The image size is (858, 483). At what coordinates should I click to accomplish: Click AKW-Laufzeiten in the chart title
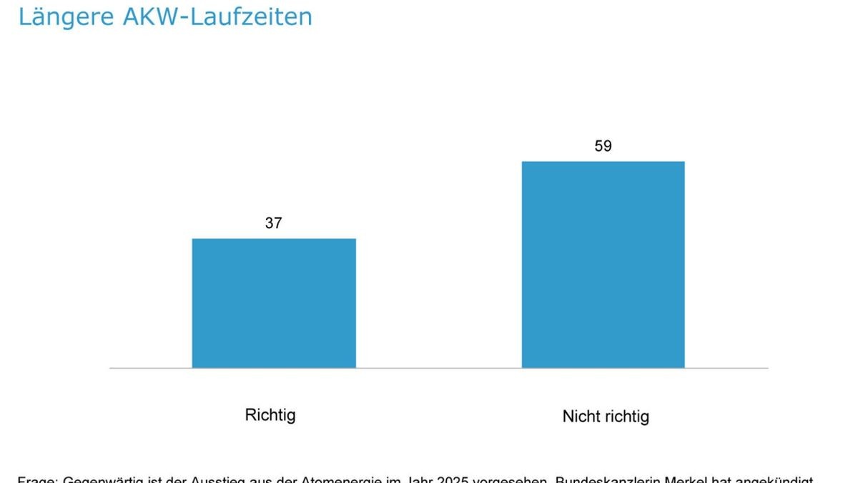(217, 16)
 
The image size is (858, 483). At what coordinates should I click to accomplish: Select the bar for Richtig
(274, 303)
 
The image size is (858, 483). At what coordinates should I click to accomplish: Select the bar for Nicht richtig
(603, 265)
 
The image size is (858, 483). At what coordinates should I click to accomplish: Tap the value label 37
(274, 223)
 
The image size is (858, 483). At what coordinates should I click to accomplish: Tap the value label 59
(603, 146)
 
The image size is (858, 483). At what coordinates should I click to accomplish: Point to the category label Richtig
(270, 415)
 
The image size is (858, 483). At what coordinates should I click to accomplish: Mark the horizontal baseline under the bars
(438, 369)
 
